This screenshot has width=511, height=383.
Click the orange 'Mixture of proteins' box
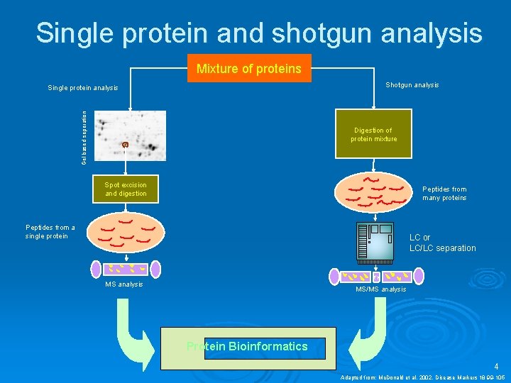248,69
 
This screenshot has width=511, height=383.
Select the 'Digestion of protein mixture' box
373,134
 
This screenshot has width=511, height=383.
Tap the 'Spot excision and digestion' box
126,189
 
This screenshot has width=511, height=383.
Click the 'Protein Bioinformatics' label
247,347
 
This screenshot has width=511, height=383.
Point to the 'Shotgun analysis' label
412,85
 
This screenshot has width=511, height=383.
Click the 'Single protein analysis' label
83,88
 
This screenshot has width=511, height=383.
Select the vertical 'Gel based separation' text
84,137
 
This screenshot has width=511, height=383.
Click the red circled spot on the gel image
125,145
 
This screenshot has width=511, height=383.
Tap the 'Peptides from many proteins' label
444,194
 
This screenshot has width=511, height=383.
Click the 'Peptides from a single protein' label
50,232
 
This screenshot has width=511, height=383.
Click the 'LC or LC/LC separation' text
442,243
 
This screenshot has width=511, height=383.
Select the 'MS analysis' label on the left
123,284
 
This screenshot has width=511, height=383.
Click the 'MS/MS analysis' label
380,289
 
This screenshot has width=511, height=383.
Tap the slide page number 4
497,367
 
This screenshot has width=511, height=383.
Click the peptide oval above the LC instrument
373,191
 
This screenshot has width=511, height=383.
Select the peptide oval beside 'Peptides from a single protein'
126,232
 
